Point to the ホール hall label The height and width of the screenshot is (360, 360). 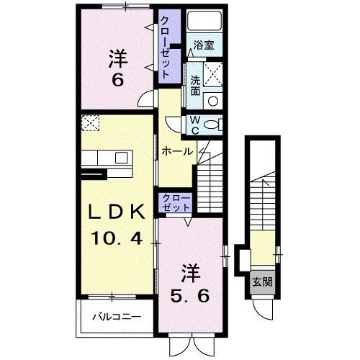click(176, 151)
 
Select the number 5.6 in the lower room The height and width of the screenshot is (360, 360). click(190, 295)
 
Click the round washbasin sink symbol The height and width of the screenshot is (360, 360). click(212, 101)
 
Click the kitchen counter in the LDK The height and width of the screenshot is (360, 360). click(104, 158)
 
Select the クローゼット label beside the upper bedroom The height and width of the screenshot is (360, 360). click(165, 48)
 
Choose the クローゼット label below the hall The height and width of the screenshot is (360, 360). click(175, 202)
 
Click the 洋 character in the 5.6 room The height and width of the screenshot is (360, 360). click(190, 274)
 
